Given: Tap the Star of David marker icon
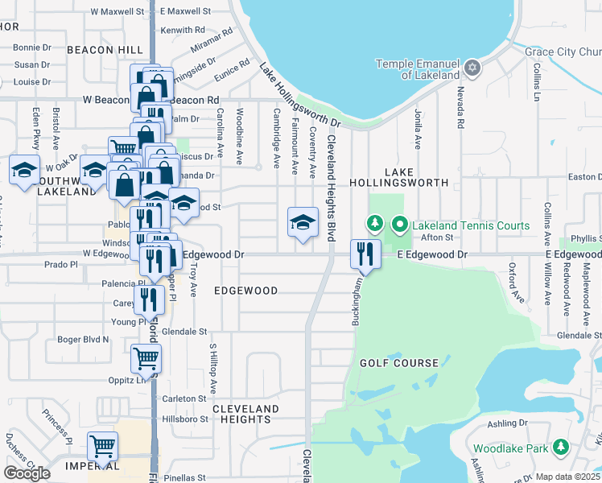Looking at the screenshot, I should pyautogui.click(x=472, y=68).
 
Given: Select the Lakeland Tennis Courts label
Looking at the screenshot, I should pyautogui.click(x=471, y=225).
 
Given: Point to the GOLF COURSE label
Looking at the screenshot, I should pyautogui.click(x=399, y=363).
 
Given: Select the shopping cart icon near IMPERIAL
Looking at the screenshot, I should pyautogui.click(x=102, y=446).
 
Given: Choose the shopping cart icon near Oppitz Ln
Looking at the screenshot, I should pyautogui.click(x=146, y=357).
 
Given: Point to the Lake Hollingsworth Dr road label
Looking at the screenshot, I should pyautogui.click(x=300, y=97).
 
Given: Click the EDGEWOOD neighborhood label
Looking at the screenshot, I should pyautogui.click(x=245, y=291).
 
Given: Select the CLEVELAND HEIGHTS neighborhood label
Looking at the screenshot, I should pyautogui.click(x=245, y=414).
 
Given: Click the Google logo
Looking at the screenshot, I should pyautogui.click(x=27, y=473).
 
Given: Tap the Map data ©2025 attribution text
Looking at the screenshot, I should pyautogui.click(x=567, y=477).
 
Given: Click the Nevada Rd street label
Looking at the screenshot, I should pyautogui.click(x=461, y=108).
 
